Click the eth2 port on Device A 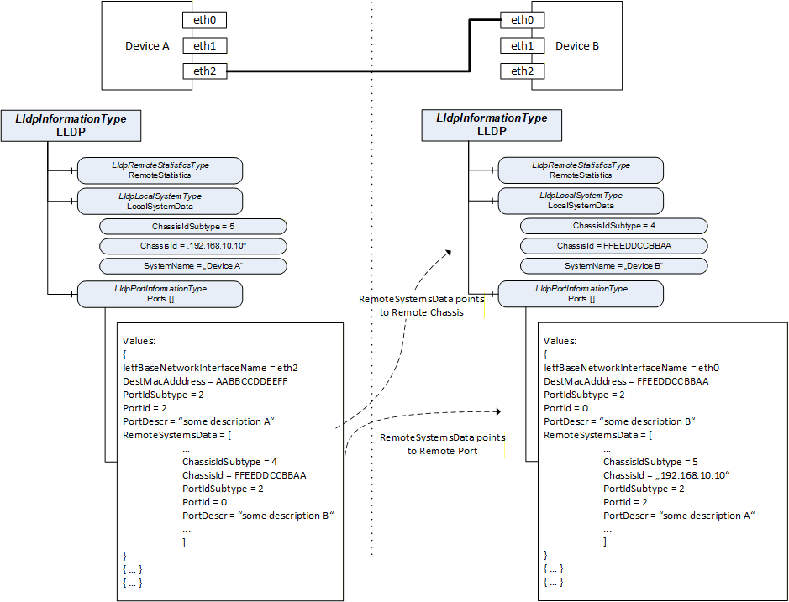205,71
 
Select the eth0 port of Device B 523,19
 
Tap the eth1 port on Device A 205,45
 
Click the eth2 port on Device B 523,71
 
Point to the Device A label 147,46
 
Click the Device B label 577,46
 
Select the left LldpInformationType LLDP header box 71,126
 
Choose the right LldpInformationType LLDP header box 492,125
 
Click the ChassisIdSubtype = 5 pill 193,227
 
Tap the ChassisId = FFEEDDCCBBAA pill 614,246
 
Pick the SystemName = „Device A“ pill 193,266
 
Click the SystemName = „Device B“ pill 614,265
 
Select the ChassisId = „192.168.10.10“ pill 193,246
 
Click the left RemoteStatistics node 160,170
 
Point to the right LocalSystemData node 581,201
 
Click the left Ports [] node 160,294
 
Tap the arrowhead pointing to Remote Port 498,411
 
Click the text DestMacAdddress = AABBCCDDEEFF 205,381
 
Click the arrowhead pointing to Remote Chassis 448,253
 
